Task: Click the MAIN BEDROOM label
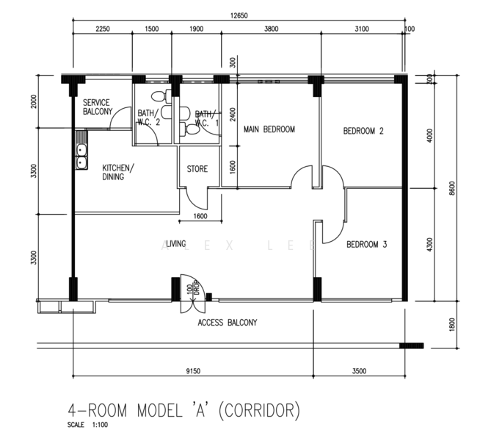tap(269, 129)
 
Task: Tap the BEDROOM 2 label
tap(363, 131)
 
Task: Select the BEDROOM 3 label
tap(367, 244)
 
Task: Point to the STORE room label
tap(197, 169)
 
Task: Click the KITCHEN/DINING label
tap(118, 172)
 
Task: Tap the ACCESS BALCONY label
tap(228, 323)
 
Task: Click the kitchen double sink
tap(81, 150)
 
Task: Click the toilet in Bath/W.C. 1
tap(189, 129)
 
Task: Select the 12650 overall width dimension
tap(239, 15)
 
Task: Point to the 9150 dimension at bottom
tap(193, 371)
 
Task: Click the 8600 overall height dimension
tap(452, 188)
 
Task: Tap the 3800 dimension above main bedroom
tap(271, 29)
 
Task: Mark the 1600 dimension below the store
tap(200, 216)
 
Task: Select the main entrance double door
tap(192, 294)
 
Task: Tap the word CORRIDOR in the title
tap(259, 410)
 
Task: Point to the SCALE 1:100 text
tap(87, 425)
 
